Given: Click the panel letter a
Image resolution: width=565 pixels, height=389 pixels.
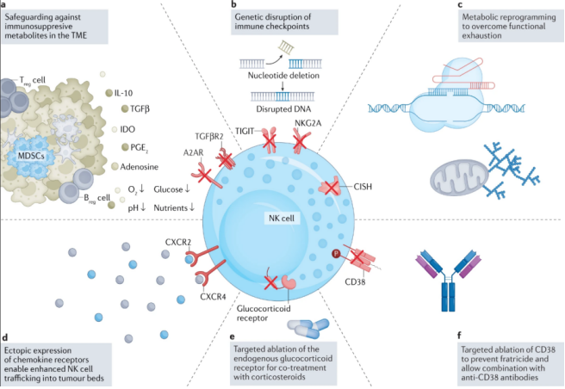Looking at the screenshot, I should [x=6, y=6].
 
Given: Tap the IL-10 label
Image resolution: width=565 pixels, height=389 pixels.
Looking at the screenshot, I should [x=126, y=90].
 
